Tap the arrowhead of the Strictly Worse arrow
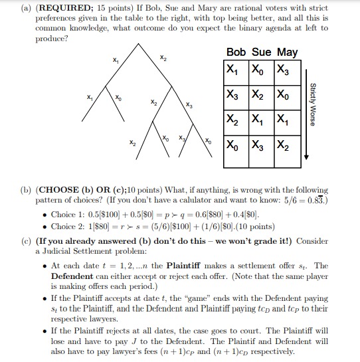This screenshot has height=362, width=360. click(306, 157)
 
